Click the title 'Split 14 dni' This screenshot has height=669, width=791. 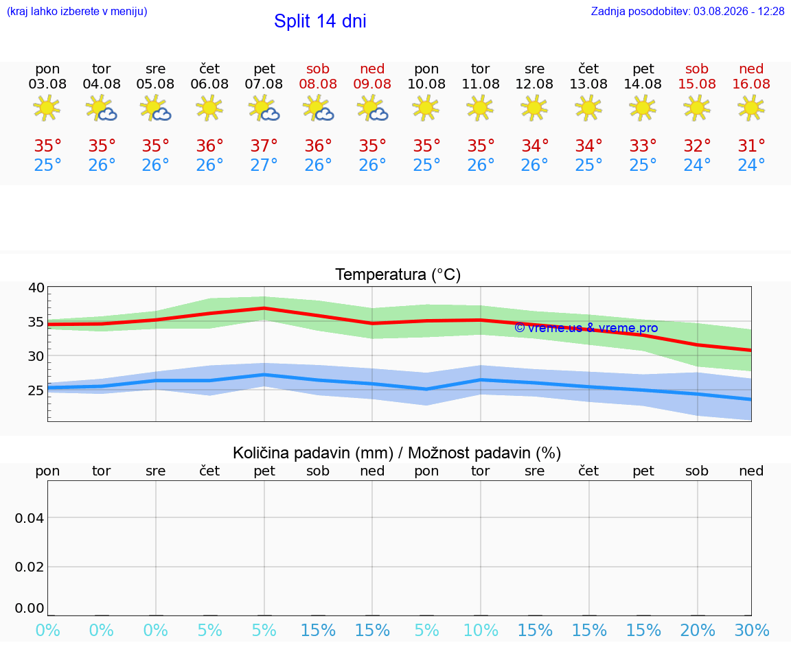pos(320,21)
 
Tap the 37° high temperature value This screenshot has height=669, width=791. pos(264,145)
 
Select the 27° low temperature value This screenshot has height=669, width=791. pos(264,165)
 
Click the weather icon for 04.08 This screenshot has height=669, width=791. pos(102,108)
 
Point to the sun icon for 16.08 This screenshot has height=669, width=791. pos(751,108)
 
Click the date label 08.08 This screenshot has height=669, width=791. pos(318,84)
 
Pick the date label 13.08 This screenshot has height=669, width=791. pos(588,84)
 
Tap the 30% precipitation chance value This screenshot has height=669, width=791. pos(752,630)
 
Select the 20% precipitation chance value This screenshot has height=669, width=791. pos(697,630)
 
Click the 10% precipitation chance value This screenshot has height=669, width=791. pos(481,630)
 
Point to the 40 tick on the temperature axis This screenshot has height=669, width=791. pos(36,288)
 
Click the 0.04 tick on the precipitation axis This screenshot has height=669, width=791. pos(30,518)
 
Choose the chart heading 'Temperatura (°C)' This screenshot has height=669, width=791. pos(398,274)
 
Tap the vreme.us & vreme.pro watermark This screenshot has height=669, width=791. pos(586,328)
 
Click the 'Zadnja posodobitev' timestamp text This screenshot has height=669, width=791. pos(687,11)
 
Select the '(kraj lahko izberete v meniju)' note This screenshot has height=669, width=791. pos(77,11)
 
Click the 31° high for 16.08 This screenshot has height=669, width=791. pos(752,145)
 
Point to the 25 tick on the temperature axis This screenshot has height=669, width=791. pos(36,390)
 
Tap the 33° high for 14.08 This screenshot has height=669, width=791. pos(643,145)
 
